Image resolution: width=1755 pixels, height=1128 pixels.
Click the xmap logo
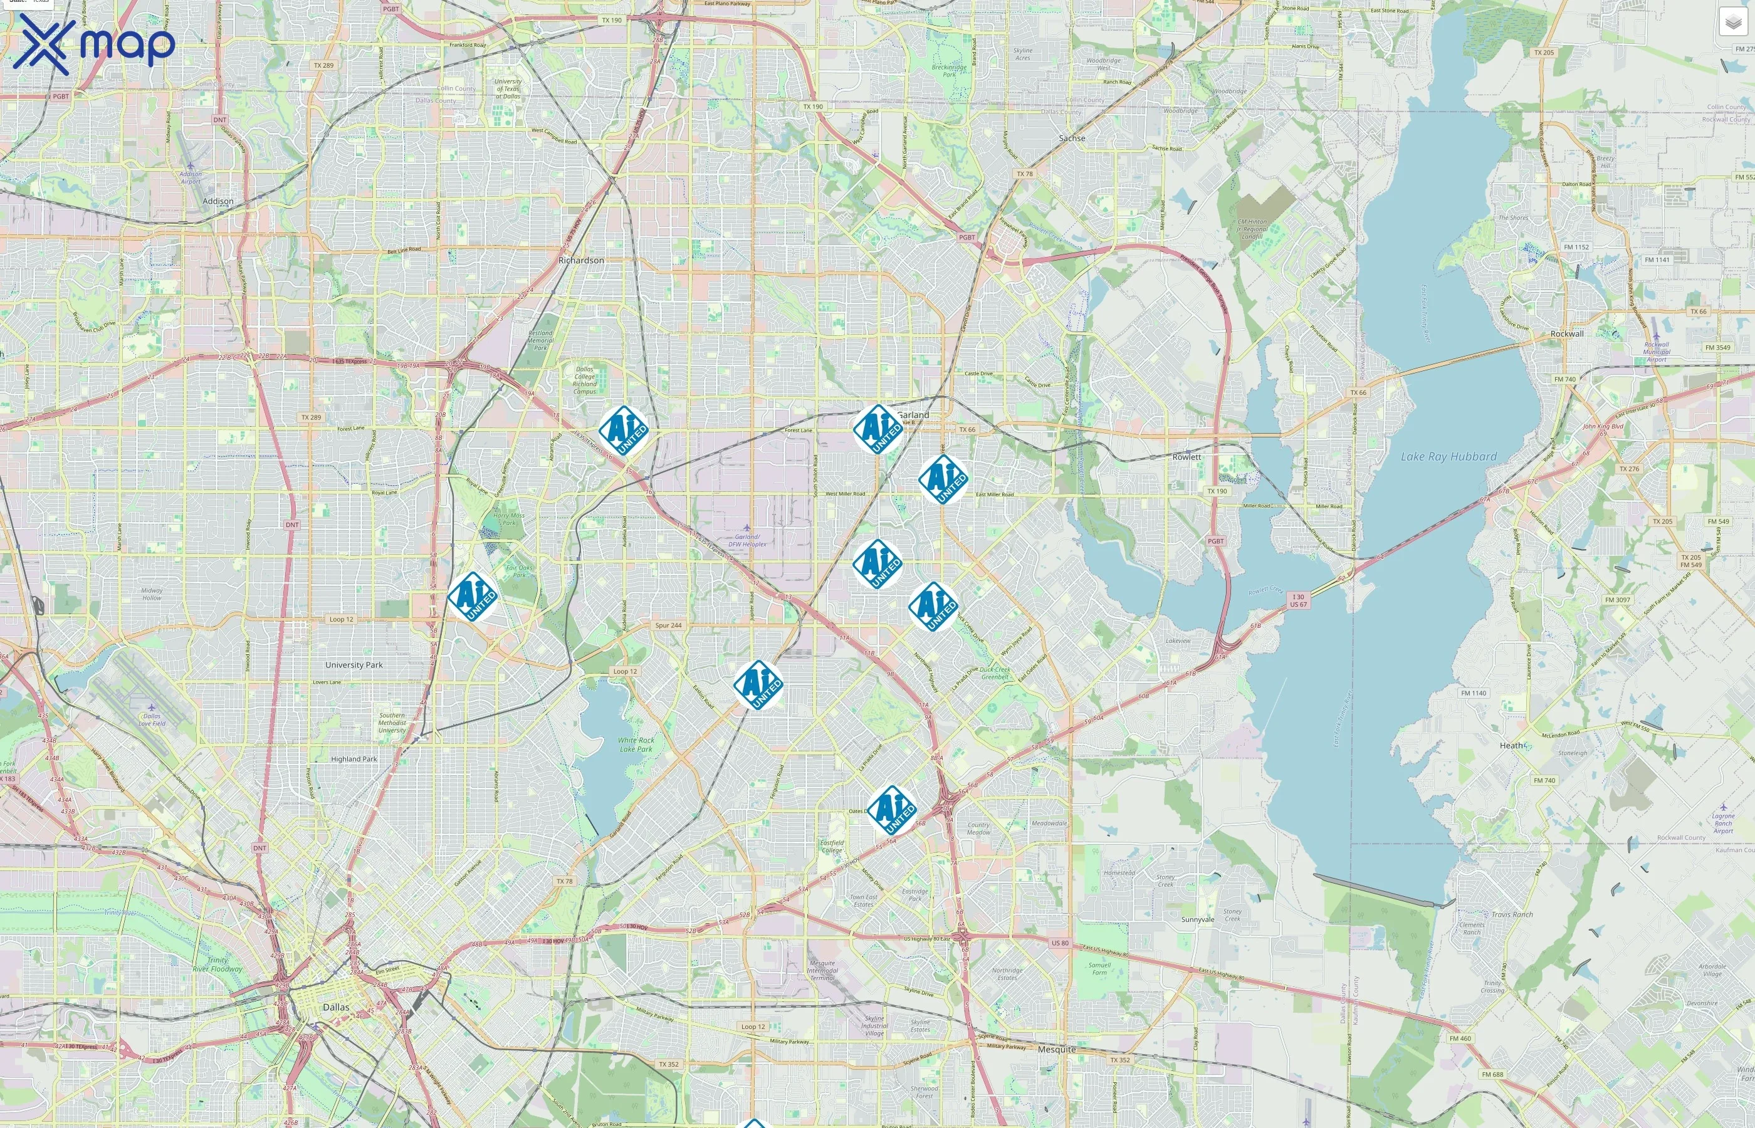pyautogui.click(x=94, y=44)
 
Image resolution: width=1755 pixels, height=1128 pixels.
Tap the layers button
pyautogui.click(x=1732, y=23)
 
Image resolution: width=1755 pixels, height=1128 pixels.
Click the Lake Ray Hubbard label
pyautogui.click(x=1448, y=456)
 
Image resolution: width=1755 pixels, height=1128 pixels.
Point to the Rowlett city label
pyautogui.click(x=1186, y=456)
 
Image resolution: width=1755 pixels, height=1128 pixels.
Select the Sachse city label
pyautogui.click(x=1072, y=138)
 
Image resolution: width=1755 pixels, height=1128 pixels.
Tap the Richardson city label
pyautogui.click(x=581, y=260)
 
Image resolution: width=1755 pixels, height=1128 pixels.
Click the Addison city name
pyautogui.click(x=217, y=201)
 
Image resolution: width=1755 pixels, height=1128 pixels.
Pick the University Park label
pyautogui.click(x=354, y=665)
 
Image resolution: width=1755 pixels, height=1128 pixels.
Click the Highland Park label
pyautogui.click(x=354, y=759)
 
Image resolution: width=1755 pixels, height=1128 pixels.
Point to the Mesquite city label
pyautogui.click(x=1056, y=1049)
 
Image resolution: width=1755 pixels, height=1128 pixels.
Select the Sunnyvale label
pyautogui.click(x=1198, y=919)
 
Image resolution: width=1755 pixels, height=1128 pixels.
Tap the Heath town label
pyautogui.click(x=1511, y=745)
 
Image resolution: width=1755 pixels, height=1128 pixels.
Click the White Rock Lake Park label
pyautogui.click(x=636, y=744)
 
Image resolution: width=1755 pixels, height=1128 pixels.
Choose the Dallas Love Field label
pyautogui.click(x=152, y=719)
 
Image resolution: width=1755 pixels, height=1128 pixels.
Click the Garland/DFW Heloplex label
pyautogui.click(x=747, y=541)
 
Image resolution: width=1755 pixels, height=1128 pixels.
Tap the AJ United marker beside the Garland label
pyautogui.click(x=877, y=429)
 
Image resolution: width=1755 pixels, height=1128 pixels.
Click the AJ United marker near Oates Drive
pyautogui.click(x=891, y=810)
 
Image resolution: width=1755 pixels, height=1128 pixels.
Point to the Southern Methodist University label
pyautogui.click(x=392, y=722)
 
